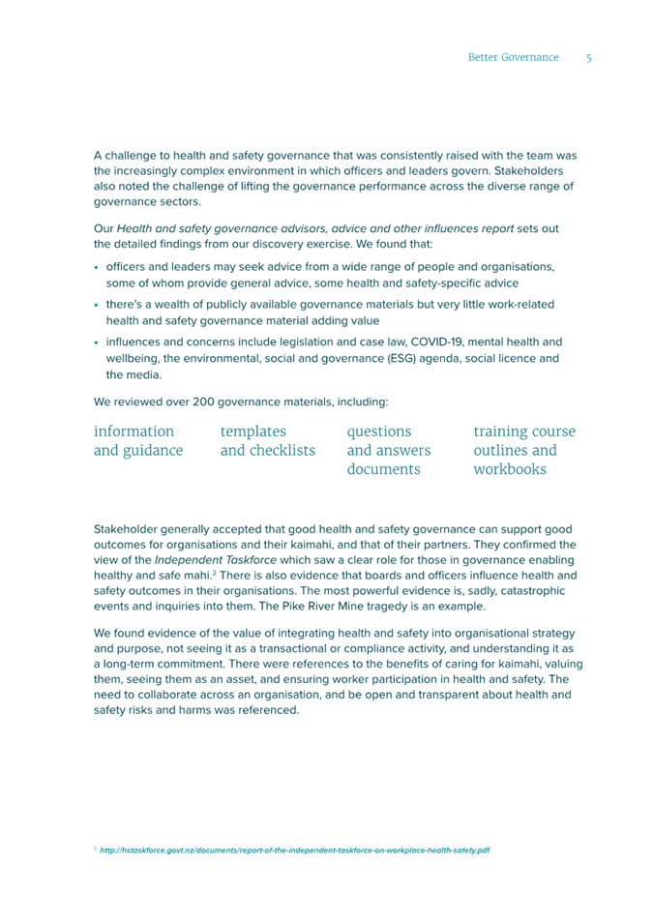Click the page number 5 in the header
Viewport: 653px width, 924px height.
tap(588, 58)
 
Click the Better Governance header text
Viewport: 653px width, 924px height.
tap(513, 58)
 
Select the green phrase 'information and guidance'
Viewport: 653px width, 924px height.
tap(138, 441)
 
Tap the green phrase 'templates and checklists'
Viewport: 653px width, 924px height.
tap(268, 441)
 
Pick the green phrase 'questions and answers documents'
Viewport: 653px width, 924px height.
tap(389, 451)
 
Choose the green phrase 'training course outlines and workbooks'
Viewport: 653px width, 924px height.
tap(524, 451)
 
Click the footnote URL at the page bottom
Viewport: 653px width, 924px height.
tap(294, 850)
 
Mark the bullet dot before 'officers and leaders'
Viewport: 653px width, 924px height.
tap(98, 267)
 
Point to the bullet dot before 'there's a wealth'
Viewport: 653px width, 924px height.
tap(98, 305)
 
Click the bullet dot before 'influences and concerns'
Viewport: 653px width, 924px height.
tap(98, 343)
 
